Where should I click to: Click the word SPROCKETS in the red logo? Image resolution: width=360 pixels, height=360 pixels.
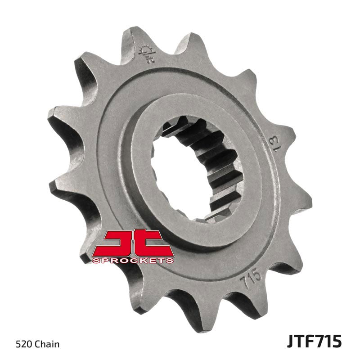pyautogui.click(x=133, y=260)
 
